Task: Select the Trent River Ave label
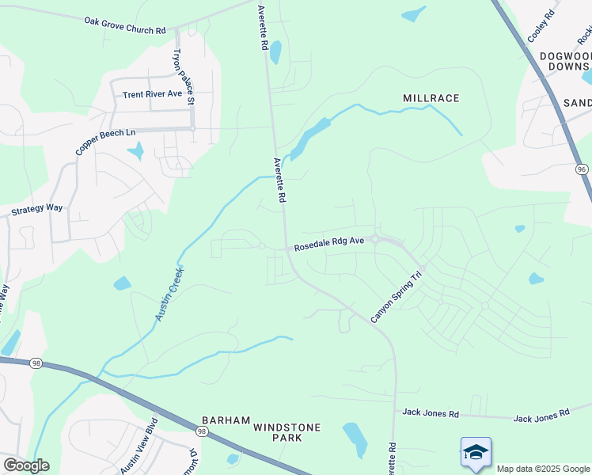(153, 94)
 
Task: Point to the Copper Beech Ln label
(106, 136)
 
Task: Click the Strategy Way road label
(36, 210)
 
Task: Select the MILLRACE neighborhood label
(431, 98)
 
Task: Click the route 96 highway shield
(583, 169)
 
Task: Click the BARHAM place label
(226, 420)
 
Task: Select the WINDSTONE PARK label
(287, 432)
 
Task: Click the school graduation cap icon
(476, 452)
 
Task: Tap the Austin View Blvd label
(139, 454)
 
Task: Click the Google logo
(26, 465)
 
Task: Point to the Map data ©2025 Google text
(542, 469)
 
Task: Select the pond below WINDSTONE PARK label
(355, 439)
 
